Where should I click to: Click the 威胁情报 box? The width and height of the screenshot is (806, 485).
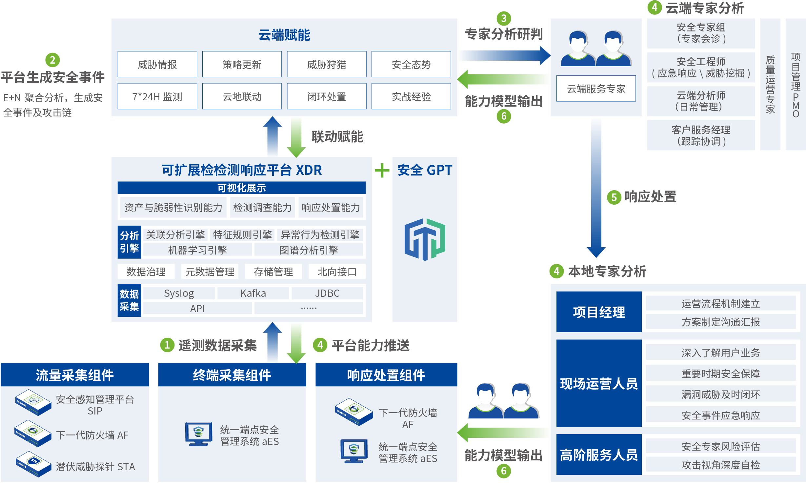157,64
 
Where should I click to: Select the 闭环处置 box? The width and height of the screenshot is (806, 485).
326,96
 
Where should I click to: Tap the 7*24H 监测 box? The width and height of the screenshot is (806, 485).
157,96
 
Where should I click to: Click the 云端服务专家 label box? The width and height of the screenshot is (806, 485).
596,89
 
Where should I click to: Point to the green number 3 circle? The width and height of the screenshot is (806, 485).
504,18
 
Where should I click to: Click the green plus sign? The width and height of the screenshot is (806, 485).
382,171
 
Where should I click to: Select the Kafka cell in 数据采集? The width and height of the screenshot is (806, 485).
253,293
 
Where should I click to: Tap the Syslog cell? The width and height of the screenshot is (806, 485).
179,293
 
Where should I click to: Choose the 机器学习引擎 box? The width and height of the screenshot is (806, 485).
197,250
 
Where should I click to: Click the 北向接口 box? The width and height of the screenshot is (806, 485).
337,272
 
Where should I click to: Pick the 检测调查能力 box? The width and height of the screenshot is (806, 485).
262,207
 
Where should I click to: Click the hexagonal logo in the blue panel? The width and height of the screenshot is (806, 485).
425,239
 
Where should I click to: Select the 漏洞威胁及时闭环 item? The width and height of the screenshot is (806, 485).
720,394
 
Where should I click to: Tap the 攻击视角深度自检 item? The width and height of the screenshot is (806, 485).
720,465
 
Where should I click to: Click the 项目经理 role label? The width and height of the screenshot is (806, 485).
599,312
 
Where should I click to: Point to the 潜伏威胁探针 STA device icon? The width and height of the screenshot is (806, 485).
33,463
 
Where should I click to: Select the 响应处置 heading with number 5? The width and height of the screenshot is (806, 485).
642,197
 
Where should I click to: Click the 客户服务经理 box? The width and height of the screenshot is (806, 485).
701,135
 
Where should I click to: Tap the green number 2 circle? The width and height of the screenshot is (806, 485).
52,60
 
